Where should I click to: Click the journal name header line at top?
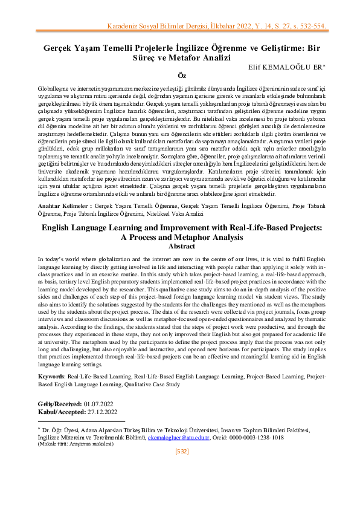217,27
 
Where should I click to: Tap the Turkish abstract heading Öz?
179,75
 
